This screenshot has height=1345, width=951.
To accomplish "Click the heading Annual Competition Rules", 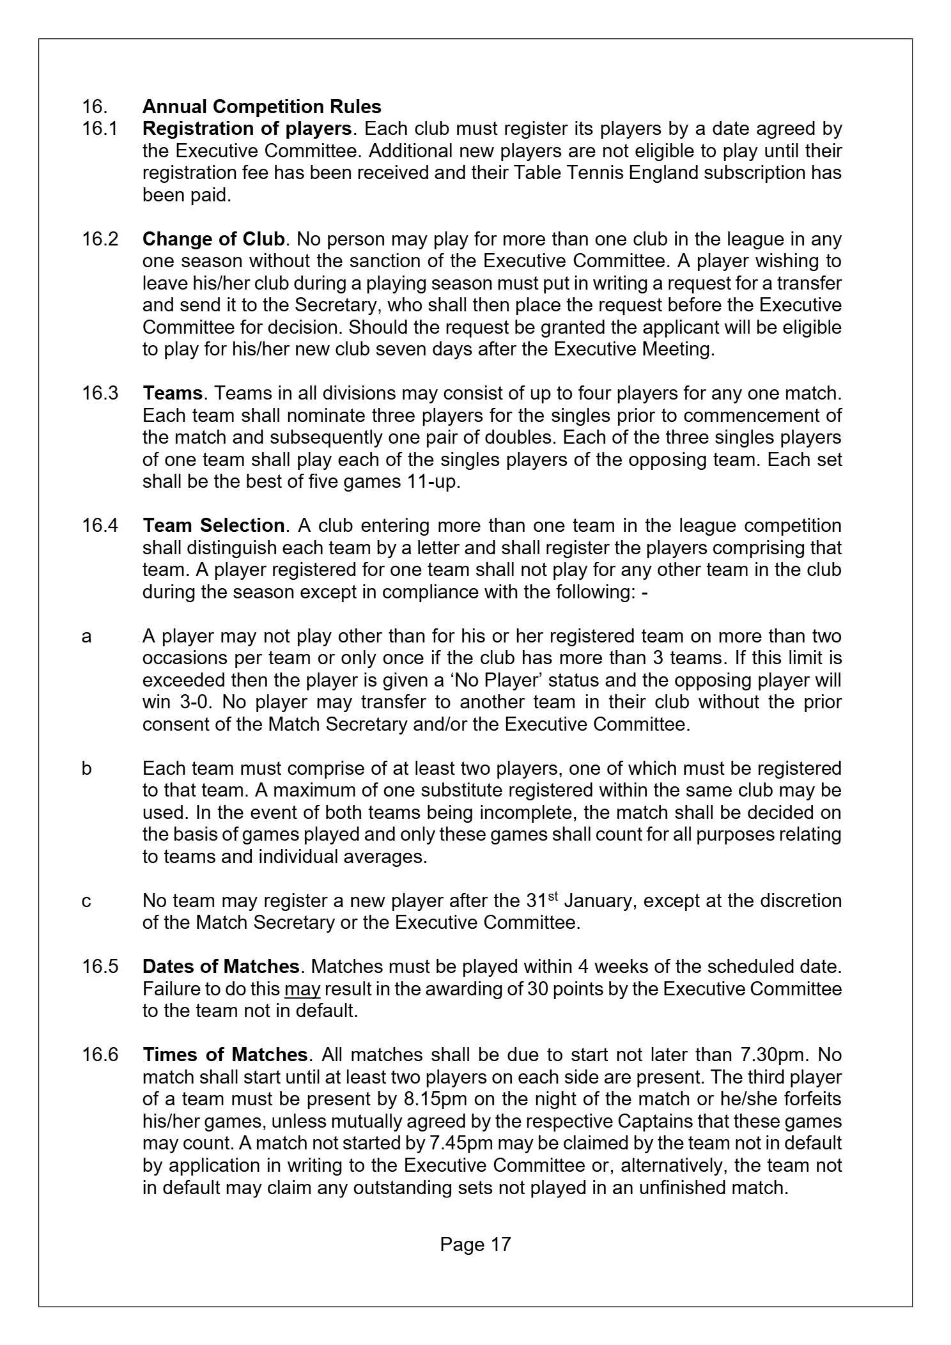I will coord(261,107).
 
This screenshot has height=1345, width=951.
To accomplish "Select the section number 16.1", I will coord(100,129).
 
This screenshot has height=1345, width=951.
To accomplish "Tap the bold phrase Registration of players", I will coord(247,129).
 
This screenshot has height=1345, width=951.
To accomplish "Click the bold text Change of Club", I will coord(213,239).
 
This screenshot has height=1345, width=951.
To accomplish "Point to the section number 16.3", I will coord(100,393).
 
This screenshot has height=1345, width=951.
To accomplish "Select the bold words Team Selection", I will coord(213,525).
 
